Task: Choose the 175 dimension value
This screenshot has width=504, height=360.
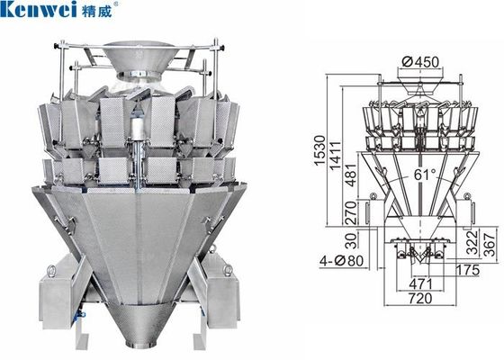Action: click(x=466, y=269)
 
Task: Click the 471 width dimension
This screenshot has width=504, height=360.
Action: click(x=418, y=283)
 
